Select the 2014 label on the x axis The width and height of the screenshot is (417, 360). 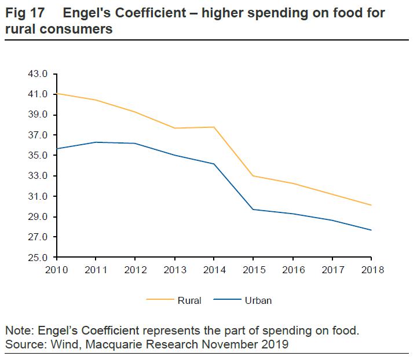click(214, 270)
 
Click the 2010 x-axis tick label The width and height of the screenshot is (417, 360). click(56, 270)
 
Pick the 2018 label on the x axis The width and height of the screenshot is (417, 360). click(371, 270)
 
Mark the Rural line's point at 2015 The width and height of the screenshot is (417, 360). click(253, 175)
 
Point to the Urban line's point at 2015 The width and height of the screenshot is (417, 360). click(253, 209)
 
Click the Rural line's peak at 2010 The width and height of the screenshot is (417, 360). click(56, 93)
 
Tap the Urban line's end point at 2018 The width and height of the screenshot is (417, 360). click(371, 230)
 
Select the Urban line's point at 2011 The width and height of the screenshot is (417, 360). click(96, 142)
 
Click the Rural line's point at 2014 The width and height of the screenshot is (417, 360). click(214, 127)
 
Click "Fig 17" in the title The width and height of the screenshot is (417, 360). click(24, 13)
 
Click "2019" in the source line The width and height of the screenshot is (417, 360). click(276, 345)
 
